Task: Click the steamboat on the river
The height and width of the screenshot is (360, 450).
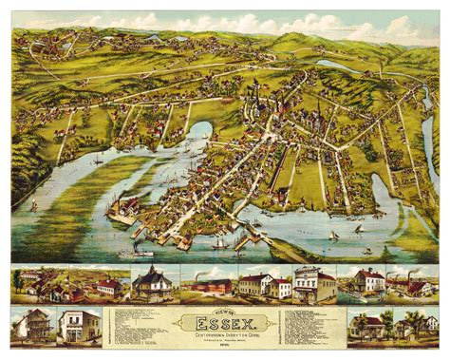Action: click(x=140, y=253)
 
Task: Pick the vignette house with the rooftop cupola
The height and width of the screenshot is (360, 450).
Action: click(x=152, y=283)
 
